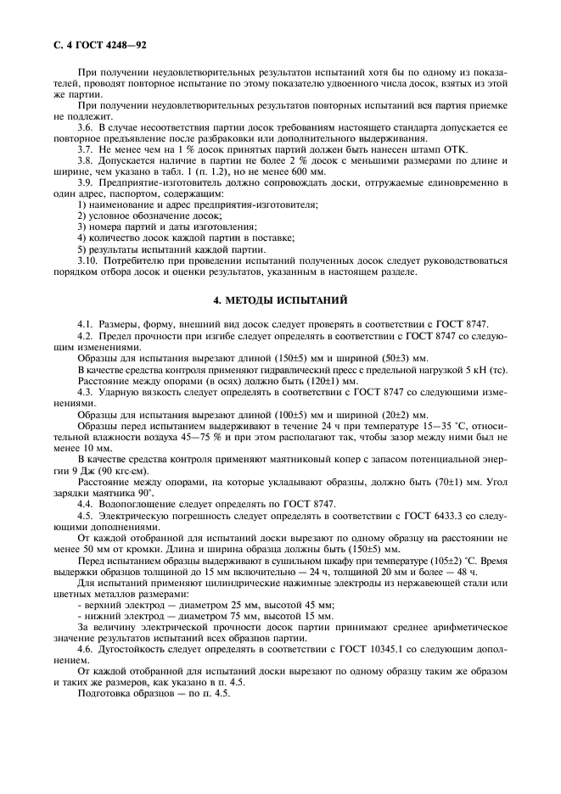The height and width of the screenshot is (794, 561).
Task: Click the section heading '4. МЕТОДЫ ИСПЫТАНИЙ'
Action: tap(280, 299)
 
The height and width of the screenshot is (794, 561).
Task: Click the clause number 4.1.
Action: tap(84, 325)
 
